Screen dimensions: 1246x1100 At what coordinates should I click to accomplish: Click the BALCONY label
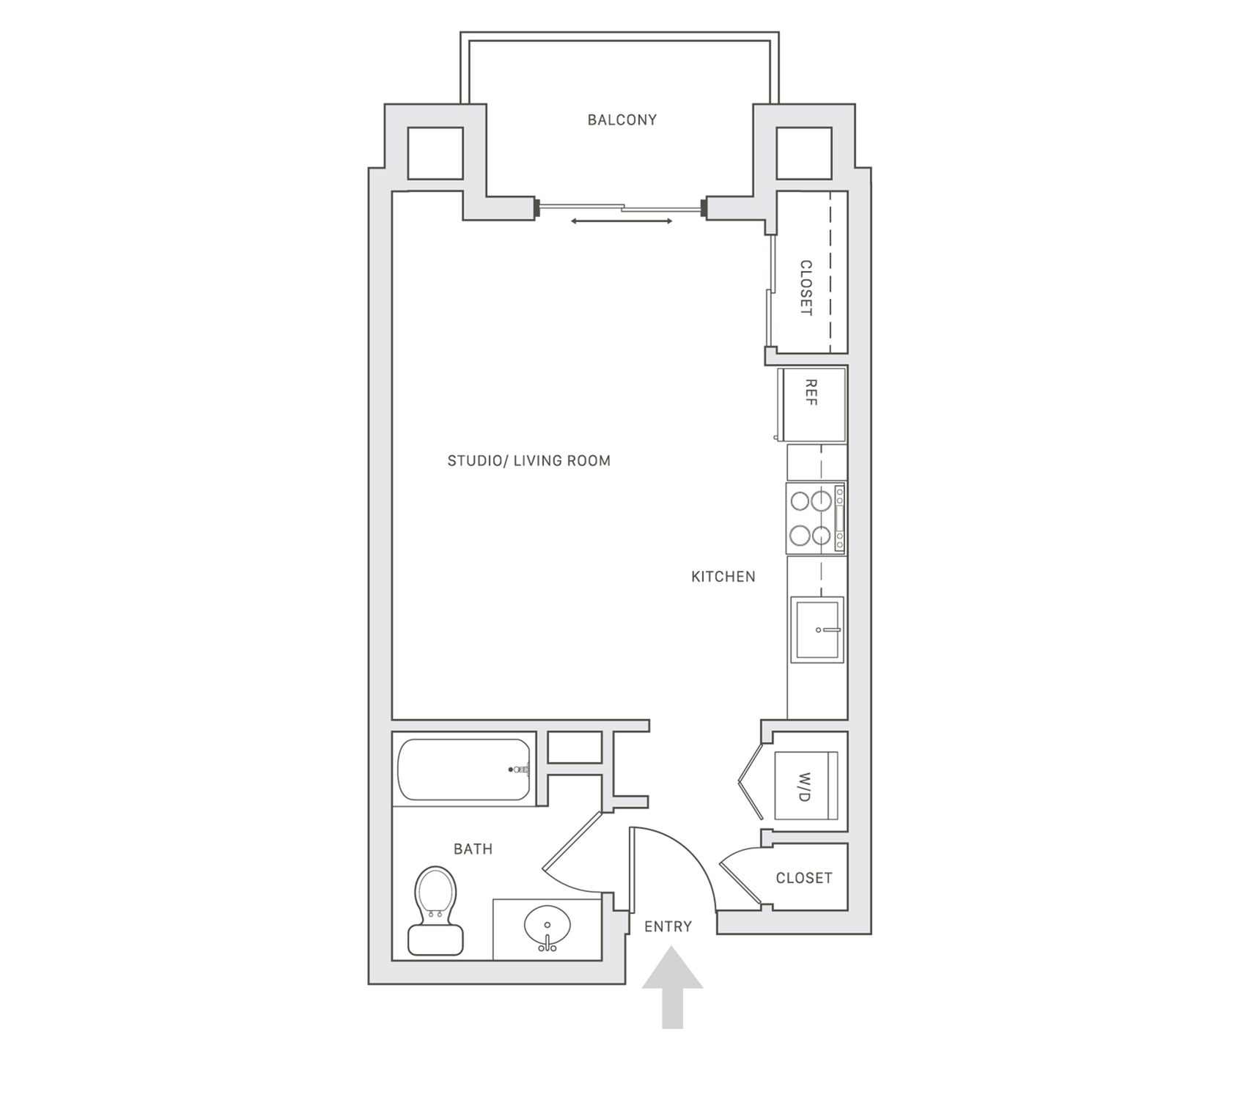[x=622, y=119]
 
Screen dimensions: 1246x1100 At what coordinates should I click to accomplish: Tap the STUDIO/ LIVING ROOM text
[x=528, y=461]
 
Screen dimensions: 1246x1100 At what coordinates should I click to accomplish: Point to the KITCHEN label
[x=723, y=577]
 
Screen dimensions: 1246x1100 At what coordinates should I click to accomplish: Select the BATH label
[x=473, y=849]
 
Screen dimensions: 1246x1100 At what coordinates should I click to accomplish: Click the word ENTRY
[x=668, y=927]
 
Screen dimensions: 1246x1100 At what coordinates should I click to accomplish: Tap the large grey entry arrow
[x=672, y=987]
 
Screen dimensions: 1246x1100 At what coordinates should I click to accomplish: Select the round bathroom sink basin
[x=548, y=926]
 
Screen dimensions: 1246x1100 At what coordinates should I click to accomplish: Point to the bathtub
[x=464, y=769]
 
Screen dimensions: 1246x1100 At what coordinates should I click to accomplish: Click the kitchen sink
[x=817, y=630]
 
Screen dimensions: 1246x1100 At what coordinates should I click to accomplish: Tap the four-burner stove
[x=816, y=518]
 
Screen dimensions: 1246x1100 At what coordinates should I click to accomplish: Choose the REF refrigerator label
[x=811, y=393]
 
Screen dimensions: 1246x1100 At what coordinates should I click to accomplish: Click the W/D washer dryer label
[x=805, y=786]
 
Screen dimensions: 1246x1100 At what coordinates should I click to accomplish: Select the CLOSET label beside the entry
[x=804, y=878]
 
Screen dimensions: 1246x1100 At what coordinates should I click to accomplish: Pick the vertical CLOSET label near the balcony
[x=806, y=287]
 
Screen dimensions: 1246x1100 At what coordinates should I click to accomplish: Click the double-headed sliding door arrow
[x=622, y=221]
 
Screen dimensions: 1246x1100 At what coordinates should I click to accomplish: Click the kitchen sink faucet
[x=827, y=630]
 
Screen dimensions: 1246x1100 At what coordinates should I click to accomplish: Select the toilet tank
[x=435, y=940]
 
